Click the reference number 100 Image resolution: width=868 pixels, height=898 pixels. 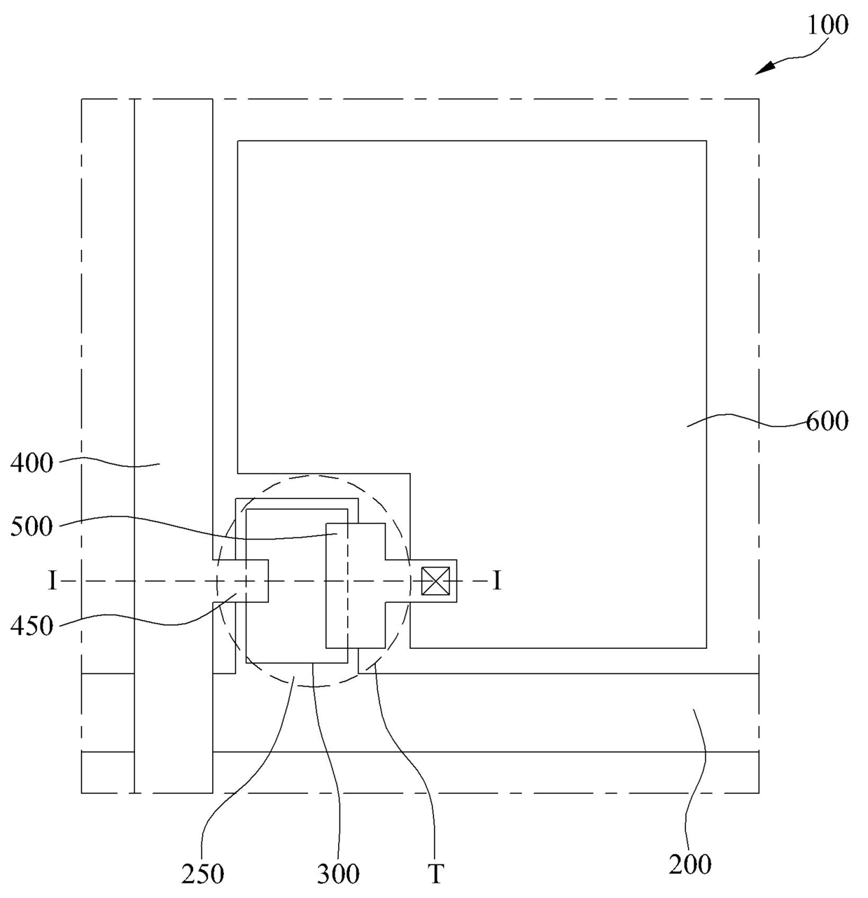point(827,26)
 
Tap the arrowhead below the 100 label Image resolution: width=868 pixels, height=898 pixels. point(766,69)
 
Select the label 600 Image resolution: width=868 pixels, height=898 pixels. point(827,421)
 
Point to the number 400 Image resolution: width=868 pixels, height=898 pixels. point(31,463)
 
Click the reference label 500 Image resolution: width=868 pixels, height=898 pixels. point(31,526)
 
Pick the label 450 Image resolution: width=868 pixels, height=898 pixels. point(31,626)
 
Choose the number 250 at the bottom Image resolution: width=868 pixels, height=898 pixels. point(202,874)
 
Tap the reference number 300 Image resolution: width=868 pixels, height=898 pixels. point(338,874)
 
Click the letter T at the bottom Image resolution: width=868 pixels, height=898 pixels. point(435,874)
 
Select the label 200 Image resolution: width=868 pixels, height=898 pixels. point(690,864)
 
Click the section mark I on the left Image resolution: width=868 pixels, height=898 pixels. point(52,581)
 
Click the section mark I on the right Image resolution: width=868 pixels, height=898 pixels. point(496,581)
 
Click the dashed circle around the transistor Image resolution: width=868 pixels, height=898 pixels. point(313,476)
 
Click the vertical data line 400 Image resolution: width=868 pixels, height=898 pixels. point(172,350)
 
